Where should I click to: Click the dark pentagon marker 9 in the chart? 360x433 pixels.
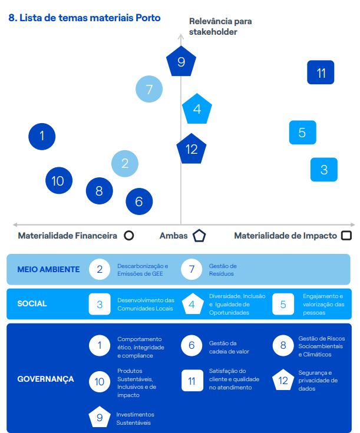181,62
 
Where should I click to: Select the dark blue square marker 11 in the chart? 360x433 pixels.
321,73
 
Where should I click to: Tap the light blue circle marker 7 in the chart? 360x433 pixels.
149,90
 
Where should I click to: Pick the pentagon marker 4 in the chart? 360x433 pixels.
197,109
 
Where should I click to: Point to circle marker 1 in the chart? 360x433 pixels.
42,136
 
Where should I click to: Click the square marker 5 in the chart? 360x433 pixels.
302,133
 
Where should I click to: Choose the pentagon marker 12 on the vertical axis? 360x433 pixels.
191,149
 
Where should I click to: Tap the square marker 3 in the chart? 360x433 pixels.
323,170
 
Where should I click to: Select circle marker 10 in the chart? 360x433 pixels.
58,181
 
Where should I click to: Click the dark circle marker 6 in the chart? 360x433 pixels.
139,201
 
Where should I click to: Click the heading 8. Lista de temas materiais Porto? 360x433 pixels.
85,18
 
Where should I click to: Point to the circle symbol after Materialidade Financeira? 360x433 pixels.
128,236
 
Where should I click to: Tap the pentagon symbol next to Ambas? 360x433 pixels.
199,236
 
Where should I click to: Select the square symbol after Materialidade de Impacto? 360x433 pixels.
346,236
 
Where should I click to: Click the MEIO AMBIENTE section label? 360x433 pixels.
48,269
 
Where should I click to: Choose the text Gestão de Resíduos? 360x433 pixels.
223,270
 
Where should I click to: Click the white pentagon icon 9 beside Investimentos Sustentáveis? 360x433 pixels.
100,418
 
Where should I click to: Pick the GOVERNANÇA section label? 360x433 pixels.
46,379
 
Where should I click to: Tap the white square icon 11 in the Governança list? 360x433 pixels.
191,380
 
